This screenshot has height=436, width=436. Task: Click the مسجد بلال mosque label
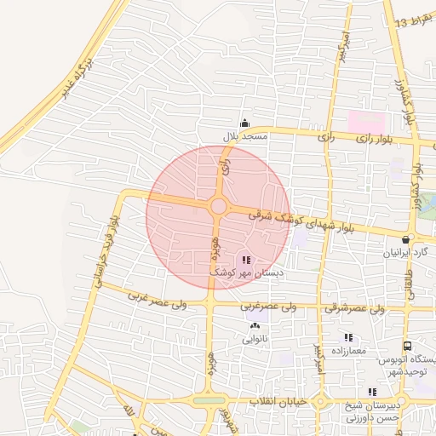click(x=245, y=136)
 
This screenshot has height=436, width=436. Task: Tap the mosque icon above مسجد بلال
click(x=245, y=123)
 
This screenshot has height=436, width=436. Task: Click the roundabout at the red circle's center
click(x=218, y=206)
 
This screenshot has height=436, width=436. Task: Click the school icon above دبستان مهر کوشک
click(x=246, y=260)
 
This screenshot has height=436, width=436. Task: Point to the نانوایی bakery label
click(x=255, y=339)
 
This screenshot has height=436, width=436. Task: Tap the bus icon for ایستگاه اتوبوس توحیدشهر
click(x=408, y=347)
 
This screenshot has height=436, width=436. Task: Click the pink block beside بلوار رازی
click(x=365, y=121)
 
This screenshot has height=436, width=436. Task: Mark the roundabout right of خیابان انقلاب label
click(x=321, y=401)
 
